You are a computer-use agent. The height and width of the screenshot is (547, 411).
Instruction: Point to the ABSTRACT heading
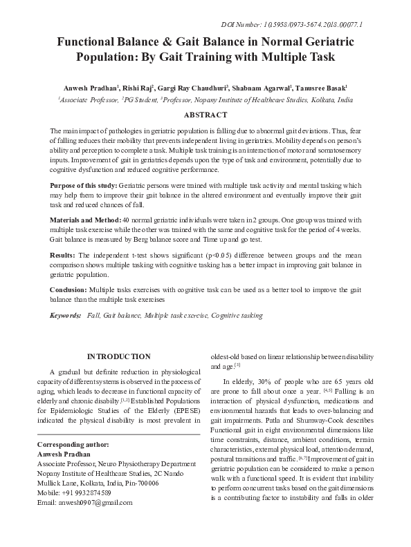point(205,115)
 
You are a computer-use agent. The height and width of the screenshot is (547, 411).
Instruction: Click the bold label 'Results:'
point(64,256)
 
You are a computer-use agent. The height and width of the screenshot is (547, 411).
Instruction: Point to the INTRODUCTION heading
point(118,356)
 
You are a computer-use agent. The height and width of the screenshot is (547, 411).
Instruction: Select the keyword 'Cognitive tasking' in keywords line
point(237,314)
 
